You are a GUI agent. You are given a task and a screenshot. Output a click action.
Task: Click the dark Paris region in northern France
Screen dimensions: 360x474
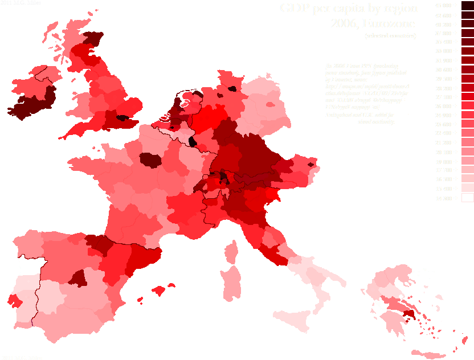(x=152, y=160)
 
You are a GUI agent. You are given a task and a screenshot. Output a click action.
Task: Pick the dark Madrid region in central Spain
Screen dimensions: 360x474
(x=79, y=277)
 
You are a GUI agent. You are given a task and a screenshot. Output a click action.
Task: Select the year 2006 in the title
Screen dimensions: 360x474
(x=346, y=24)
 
